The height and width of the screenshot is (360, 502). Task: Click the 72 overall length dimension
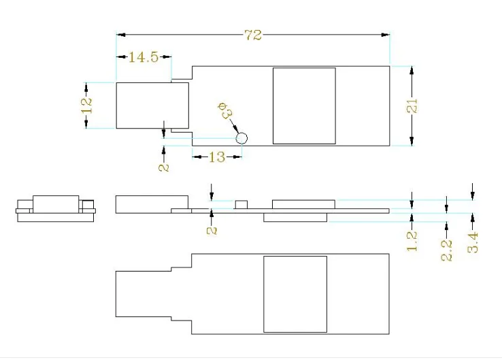click(253, 35)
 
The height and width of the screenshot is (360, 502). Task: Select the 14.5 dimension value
click(144, 57)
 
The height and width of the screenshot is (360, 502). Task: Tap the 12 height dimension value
click(86, 105)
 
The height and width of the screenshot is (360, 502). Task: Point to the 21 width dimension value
click(412, 105)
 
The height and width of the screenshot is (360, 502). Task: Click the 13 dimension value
click(217, 157)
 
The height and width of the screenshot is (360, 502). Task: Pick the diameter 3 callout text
click(225, 110)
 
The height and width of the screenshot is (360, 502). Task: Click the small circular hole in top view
click(241, 139)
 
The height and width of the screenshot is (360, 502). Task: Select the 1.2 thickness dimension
click(412, 241)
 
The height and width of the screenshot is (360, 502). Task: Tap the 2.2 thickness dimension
click(447, 250)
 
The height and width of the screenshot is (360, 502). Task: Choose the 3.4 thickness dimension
click(473, 243)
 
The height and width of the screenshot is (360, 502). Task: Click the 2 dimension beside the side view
click(212, 231)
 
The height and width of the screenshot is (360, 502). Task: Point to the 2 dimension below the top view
click(164, 167)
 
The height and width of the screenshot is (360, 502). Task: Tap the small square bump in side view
click(241, 205)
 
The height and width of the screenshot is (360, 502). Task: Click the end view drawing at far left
click(56, 208)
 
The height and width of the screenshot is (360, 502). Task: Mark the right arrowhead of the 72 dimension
click(386, 35)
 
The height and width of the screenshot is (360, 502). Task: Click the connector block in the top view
click(152, 105)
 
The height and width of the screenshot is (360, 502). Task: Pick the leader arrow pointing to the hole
click(234, 125)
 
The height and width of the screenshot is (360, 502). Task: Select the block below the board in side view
click(295, 218)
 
